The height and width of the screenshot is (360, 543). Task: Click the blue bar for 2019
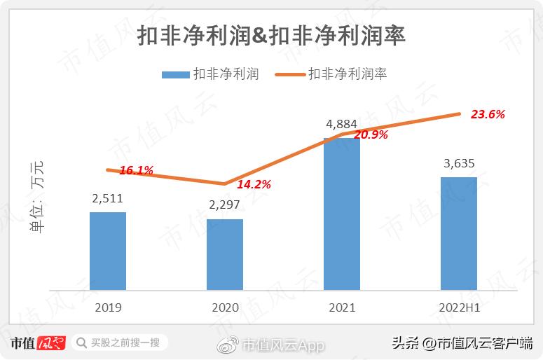pos(108,251)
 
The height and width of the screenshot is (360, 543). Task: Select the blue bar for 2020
pos(224,254)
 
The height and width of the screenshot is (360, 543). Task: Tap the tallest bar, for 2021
pos(341,214)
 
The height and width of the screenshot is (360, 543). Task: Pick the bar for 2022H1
pos(458,233)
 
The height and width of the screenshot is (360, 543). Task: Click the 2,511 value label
pos(108,199)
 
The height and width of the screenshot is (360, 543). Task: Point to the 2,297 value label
pos(224,205)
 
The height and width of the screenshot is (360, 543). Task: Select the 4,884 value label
pos(341,125)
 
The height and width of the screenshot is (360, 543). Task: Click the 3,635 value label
pos(459,164)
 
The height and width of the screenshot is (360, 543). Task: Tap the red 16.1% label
pos(137,169)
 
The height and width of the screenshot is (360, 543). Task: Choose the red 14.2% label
pos(254,185)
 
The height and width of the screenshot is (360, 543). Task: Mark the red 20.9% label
pos(371,135)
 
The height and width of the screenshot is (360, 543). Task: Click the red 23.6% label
pos(488,114)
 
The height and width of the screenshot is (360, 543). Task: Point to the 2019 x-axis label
pos(108,307)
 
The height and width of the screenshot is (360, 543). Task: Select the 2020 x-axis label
pos(224,307)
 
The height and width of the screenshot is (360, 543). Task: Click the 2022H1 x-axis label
pos(459,307)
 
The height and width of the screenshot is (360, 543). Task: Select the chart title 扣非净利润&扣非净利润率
pos(271,36)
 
